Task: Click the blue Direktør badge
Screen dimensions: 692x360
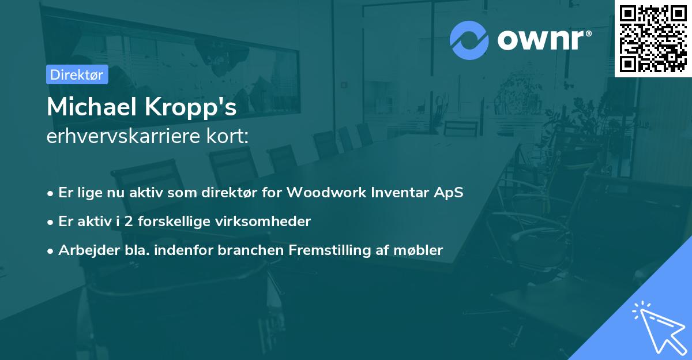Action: [77, 74]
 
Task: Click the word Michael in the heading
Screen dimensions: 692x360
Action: [92, 107]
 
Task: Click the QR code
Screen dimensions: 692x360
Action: [653, 39]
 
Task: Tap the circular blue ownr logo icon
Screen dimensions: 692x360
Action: [469, 40]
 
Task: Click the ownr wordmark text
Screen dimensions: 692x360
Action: [540, 40]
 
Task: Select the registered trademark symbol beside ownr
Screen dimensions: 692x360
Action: [589, 33]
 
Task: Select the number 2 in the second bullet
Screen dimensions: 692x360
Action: [129, 222]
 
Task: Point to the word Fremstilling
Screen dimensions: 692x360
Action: [330, 250]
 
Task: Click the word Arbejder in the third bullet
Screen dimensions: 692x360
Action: [89, 250]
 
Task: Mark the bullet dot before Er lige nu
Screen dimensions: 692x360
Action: [50, 194]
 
